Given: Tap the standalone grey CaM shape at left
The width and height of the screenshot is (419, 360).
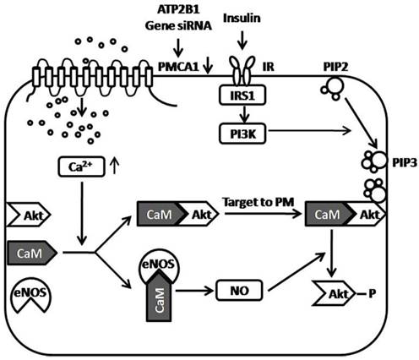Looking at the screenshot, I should pyautogui.click(x=30, y=252).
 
